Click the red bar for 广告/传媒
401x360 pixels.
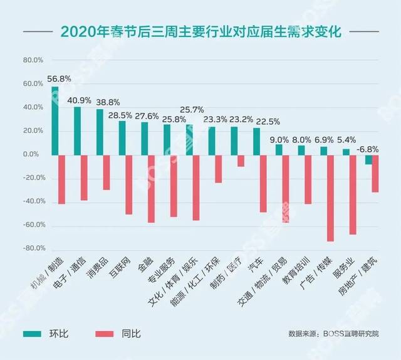point(330,198)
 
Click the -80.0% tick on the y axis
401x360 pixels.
point(32,248)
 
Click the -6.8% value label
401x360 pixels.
point(368,149)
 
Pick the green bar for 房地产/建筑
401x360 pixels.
point(368,159)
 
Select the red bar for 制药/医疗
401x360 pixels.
point(241,161)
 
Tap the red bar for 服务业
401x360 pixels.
point(353,194)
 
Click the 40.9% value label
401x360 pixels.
point(81,100)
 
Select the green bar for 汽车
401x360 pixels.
point(256,141)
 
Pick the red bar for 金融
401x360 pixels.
point(151,189)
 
